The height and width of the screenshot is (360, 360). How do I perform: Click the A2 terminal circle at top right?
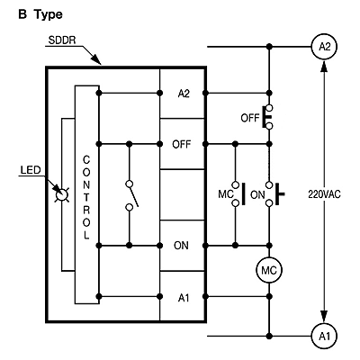click(x=324, y=47)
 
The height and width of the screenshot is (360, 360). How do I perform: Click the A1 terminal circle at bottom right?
click(x=324, y=336)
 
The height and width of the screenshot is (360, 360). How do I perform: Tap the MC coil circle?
click(x=269, y=270)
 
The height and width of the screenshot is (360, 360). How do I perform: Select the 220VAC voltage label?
click(x=324, y=194)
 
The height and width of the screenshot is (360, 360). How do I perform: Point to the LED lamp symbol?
click(x=62, y=194)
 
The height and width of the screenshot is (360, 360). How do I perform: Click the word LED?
click(x=31, y=170)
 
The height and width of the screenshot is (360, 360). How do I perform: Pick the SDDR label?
click(x=62, y=40)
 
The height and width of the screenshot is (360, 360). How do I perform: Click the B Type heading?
click(x=40, y=14)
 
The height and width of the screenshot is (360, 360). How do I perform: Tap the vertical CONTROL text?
click(x=86, y=197)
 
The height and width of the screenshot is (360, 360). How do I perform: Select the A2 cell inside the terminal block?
click(x=183, y=94)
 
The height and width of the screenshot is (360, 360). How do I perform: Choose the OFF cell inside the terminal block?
click(x=183, y=144)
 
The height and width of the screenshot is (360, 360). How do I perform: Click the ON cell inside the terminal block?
click(x=183, y=246)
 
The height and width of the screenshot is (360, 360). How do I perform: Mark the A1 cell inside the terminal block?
click(x=183, y=297)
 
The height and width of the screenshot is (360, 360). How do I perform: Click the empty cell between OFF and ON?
click(x=183, y=194)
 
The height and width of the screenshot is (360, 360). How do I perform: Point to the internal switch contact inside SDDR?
click(x=131, y=195)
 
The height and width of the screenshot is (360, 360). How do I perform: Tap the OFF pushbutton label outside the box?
click(x=249, y=118)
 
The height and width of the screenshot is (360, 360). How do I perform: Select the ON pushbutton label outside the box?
click(x=257, y=195)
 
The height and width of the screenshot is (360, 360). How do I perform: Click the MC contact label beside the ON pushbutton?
click(x=226, y=194)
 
